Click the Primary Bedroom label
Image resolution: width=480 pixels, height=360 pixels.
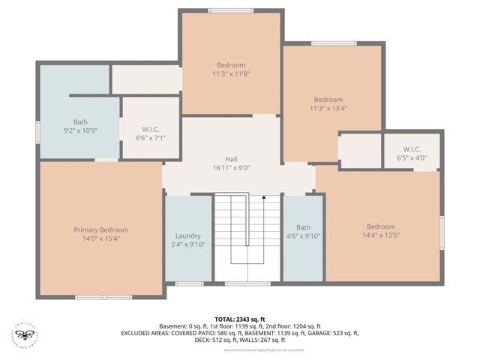[x=100, y=229]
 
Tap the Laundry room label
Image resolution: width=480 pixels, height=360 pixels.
[x=188, y=235]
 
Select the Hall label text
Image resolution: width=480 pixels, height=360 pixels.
[x=232, y=159]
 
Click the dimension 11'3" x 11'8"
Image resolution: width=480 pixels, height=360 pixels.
[x=231, y=74]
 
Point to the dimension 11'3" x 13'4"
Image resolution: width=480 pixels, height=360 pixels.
[x=328, y=109]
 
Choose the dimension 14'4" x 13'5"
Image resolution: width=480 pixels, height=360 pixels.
[x=380, y=235]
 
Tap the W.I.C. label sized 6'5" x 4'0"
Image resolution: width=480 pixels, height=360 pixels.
[x=412, y=158]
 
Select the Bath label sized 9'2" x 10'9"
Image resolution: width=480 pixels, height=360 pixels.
[x=80, y=130]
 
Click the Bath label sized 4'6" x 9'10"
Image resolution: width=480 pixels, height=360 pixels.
[x=303, y=235]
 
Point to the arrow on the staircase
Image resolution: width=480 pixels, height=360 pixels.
[x=264, y=199]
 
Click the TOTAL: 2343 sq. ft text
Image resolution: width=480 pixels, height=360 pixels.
[x=240, y=319]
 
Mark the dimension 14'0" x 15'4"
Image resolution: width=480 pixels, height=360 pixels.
[x=100, y=238]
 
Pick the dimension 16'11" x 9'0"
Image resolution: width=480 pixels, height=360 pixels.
[x=232, y=168]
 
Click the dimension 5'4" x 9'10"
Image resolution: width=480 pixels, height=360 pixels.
[x=188, y=244]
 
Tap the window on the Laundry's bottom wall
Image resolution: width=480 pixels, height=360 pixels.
[x=189, y=283]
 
